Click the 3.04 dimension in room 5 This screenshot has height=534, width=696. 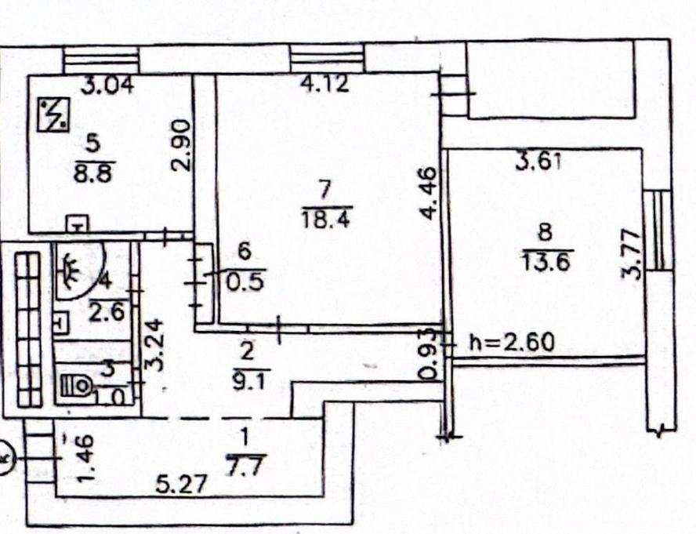coord(108,85)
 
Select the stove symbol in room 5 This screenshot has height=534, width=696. coord(53,115)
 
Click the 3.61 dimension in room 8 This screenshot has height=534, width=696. coord(539,162)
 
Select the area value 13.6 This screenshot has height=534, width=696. coord(546,261)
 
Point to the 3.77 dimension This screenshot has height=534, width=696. coord(632,254)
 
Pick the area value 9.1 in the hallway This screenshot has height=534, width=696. coord(248,382)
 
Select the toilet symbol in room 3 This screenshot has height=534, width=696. coord(76,386)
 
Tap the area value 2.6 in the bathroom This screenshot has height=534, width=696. coord(107,312)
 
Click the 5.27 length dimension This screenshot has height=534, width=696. coord(181,485)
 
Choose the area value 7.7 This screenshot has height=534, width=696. coord(245,467)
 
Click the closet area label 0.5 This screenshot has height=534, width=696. coord(245,282)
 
